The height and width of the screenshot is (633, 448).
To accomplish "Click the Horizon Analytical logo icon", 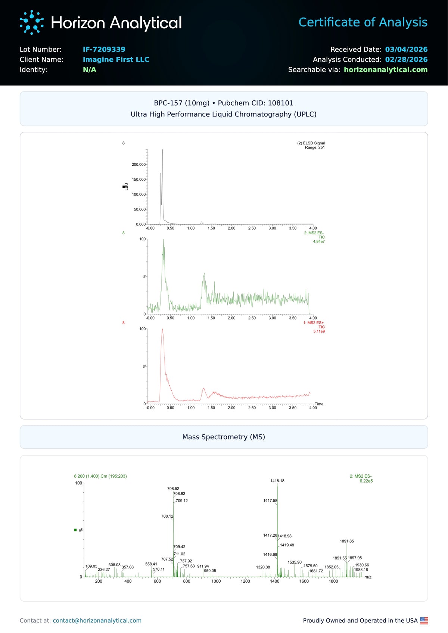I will pos(31,22).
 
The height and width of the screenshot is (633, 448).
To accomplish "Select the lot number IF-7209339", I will pos(104,49).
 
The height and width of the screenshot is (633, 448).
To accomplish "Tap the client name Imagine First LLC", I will pos(116,59).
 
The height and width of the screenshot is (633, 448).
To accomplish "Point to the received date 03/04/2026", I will pos(406,49).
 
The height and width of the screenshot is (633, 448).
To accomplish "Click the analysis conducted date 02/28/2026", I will pos(406,59).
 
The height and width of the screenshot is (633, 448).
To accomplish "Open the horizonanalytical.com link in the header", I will pos(385,69).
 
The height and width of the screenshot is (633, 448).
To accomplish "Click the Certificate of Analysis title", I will pos(363,22).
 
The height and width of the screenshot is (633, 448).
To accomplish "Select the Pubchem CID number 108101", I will pos(280,103).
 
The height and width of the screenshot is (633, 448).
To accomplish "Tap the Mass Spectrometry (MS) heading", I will pos(224,437).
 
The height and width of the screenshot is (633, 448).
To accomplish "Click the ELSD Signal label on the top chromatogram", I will pos(311,143).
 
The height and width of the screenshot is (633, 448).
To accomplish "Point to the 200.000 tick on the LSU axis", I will pos(139,165).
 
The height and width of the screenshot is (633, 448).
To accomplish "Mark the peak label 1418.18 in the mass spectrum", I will pos(277,481).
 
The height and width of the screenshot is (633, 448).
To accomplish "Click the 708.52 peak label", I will pos(173,489).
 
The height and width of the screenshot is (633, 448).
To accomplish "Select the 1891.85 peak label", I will pos(347,541).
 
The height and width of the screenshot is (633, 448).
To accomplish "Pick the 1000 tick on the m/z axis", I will pos(216,581).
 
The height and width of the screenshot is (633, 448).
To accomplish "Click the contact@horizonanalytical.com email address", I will pos(97,620).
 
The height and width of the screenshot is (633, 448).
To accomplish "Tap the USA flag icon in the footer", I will pos(424,620).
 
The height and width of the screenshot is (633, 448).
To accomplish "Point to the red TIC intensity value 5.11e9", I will pos(319,331).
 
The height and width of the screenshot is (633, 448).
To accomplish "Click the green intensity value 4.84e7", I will pos(318,241).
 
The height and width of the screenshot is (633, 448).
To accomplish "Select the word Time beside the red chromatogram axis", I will pos(319,404).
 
